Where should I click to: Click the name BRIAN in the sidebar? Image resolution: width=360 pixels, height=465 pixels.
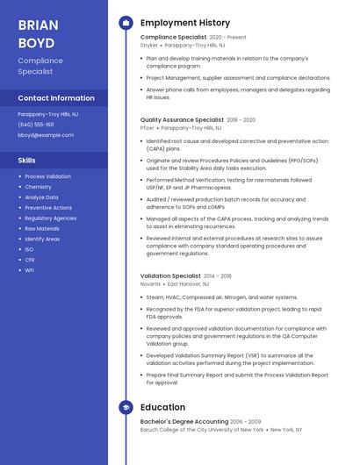(x=39, y=24)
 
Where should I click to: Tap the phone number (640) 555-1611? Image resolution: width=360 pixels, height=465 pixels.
(x=36, y=125)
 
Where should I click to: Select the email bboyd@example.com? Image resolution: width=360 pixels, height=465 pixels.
(x=46, y=135)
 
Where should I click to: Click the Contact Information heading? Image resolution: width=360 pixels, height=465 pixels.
(x=56, y=98)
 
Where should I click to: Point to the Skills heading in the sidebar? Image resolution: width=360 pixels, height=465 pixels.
(x=27, y=161)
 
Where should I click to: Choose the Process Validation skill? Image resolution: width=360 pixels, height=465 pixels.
(x=48, y=176)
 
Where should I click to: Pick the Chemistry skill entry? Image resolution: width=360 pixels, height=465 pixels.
(x=39, y=187)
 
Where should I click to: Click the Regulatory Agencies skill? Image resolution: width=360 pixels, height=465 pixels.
(x=51, y=218)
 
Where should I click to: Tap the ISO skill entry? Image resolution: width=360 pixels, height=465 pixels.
(x=30, y=249)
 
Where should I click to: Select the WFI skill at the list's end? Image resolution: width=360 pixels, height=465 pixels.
(x=30, y=270)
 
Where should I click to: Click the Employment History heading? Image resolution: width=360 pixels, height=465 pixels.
(x=185, y=23)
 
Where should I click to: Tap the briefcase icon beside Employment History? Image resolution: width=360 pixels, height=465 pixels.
(x=126, y=23)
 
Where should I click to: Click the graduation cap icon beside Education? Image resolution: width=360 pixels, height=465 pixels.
(x=126, y=407)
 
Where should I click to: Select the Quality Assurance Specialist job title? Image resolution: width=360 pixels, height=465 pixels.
(x=182, y=119)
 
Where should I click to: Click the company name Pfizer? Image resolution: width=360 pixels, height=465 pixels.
(x=148, y=128)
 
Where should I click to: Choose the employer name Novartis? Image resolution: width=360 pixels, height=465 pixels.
(x=150, y=284)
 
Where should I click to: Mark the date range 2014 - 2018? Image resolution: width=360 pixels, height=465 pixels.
(x=218, y=275)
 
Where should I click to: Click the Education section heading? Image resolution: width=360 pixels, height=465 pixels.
(x=162, y=407)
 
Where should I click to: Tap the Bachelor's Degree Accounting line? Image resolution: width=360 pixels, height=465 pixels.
(x=184, y=421)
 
